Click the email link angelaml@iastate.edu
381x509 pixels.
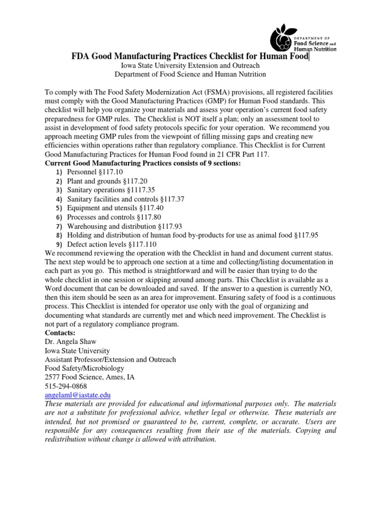[77, 395]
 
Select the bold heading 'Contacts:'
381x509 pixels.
[61, 333]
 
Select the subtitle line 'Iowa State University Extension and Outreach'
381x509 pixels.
[190, 66]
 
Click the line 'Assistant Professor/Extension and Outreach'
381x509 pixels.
[110, 359]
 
